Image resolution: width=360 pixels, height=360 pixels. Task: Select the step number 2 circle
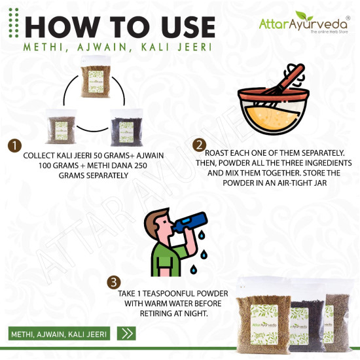click(x=200, y=145)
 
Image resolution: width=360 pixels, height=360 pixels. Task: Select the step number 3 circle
click(x=114, y=282)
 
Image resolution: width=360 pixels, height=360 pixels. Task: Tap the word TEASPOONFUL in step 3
click(x=180, y=295)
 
